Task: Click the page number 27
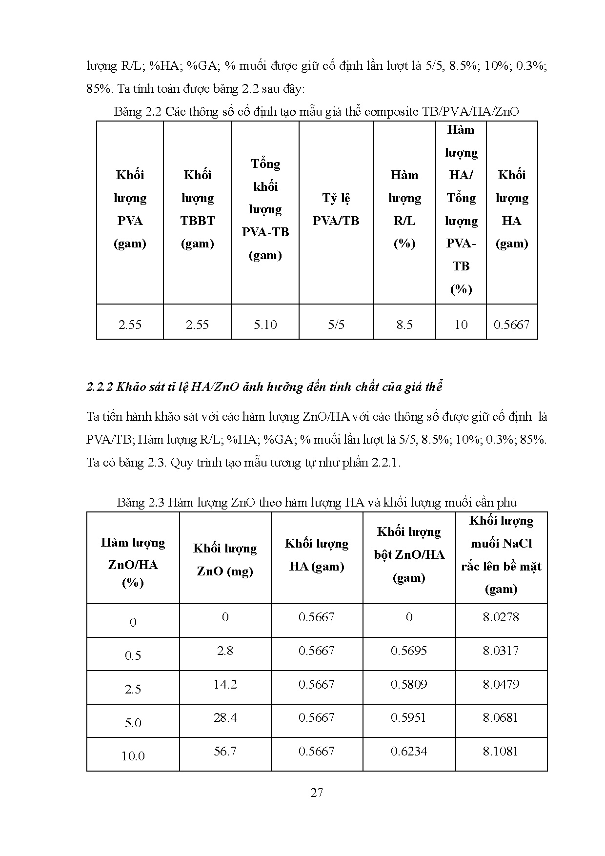[x=316, y=793]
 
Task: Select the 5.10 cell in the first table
[x=265, y=325]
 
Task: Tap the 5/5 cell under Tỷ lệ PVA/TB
[x=336, y=325]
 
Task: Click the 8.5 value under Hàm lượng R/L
[x=404, y=325]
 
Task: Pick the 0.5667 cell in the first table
[x=511, y=325]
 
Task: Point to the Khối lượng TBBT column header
[x=197, y=209]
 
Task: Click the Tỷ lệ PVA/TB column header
[x=336, y=209]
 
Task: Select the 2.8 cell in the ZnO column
[x=225, y=651]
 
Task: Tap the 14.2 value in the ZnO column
[x=225, y=684]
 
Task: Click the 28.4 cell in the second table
[x=225, y=717]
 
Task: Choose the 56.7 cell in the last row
[x=225, y=751]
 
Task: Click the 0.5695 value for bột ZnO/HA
[x=409, y=651]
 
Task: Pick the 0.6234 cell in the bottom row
[x=409, y=751]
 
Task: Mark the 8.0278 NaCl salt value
[x=501, y=617]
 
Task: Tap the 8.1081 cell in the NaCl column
[x=501, y=751]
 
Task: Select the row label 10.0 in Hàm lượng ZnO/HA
[x=133, y=756]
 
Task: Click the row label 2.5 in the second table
[x=133, y=689]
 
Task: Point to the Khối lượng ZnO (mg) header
[x=225, y=560]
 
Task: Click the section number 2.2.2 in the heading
[x=100, y=387]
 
